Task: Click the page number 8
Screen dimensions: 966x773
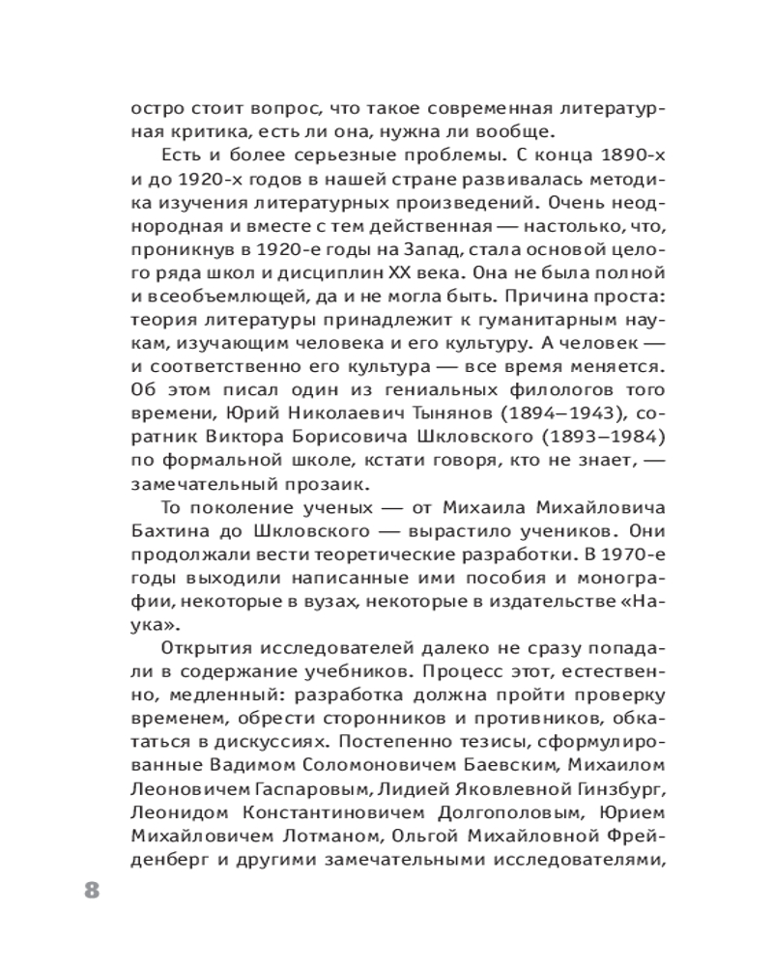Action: coord(91,889)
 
